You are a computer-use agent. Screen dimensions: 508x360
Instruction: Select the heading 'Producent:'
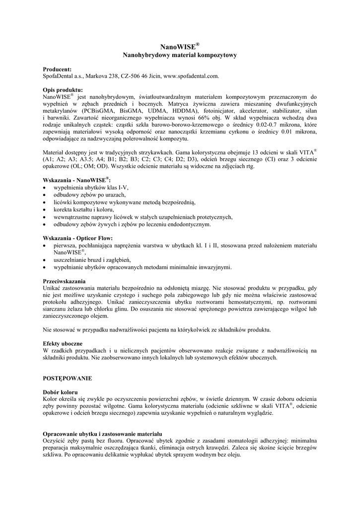pyautogui.click(x=58, y=69)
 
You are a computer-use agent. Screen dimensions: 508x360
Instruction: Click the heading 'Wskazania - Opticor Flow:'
pyautogui.click(x=78, y=238)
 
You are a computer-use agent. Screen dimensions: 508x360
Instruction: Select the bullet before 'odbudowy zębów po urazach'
pyautogui.click(x=45, y=195)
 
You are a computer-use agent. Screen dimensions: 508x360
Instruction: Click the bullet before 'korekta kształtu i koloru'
pyautogui.click(x=45, y=210)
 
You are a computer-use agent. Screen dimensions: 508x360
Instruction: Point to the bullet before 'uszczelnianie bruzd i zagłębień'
pyautogui.click(x=45, y=260)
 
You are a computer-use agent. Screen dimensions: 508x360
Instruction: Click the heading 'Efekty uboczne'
pyautogui.click(x=63, y=344)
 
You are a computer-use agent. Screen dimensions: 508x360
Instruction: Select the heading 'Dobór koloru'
pyautogui.click(x=61, y=392)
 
